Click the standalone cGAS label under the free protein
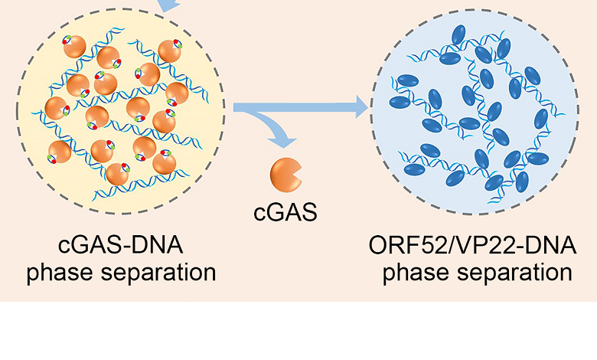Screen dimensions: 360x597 [x=285, y=212]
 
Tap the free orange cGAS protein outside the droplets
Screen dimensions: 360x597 [x=284, y=174]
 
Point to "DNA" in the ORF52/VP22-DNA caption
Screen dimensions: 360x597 [x=549, y=247]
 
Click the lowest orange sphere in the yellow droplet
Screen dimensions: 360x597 [x=117, y=175]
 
